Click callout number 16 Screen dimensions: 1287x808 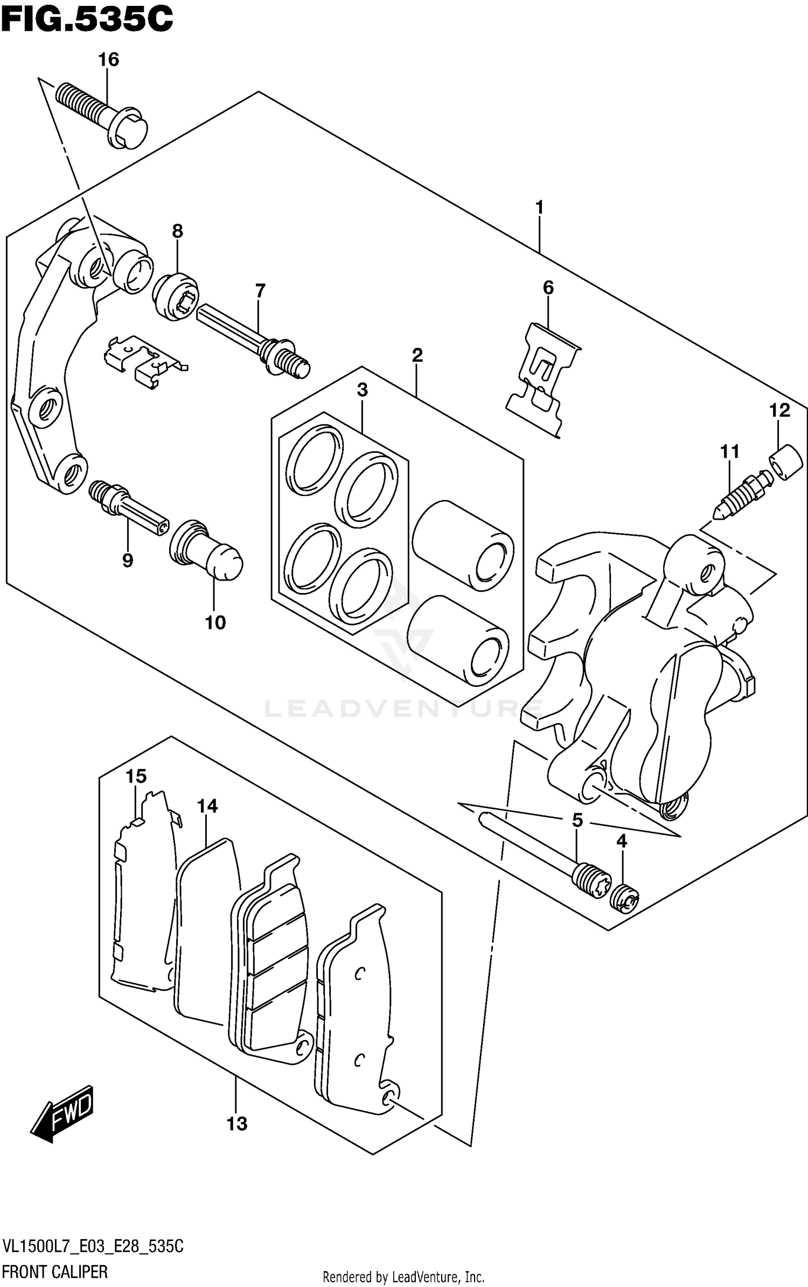click(108, 59)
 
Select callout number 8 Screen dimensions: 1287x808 click(177, 231)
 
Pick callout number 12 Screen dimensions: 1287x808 click(779, 410)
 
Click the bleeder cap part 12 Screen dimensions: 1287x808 click(786, 462)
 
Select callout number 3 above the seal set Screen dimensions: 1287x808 click(362, 390)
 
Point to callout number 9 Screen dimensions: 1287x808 click(128, 561)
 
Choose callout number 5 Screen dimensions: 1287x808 click(577, 820)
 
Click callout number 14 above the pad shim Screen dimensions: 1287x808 click(207, 806)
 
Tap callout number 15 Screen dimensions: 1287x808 click(136, 776)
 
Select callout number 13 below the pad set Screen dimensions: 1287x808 click(236, 1124)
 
